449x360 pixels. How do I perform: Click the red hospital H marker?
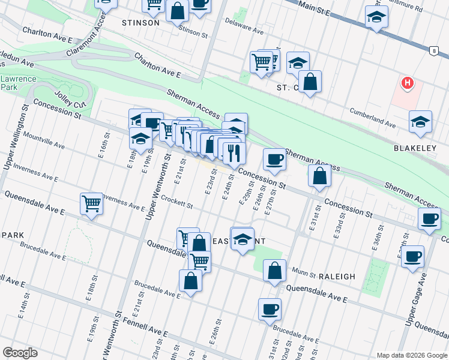(x=408, y=82)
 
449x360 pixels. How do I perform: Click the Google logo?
(x=20, y=353)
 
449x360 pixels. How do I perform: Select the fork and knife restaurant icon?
(x=234, y=154)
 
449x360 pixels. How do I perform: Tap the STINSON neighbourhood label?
(x=140, y=23)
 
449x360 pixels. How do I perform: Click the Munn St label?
(x=304, y=274)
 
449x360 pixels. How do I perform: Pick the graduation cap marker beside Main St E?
(x=376, y=17)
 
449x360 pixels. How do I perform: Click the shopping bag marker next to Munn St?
(x=274, y=270)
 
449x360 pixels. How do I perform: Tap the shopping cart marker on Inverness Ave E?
(x=91, y=203)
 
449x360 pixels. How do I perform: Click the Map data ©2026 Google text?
(x=411, y=355)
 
